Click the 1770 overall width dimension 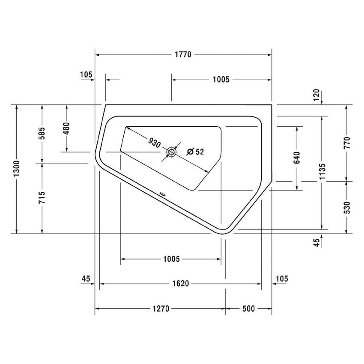coord(183,55)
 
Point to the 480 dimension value coord(66,128)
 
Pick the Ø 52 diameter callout coord(195,151)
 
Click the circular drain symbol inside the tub coord(172,151)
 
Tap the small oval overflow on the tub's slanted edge coord(162,193)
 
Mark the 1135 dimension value coord(322,172)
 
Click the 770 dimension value coord(346,143)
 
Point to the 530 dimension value coord(346,207)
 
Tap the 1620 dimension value coord(180,284)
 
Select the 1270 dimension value coord(160,309)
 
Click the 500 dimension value coord(248,309)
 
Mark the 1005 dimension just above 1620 coord(171,259)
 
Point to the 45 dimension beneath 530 coord(316,243)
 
